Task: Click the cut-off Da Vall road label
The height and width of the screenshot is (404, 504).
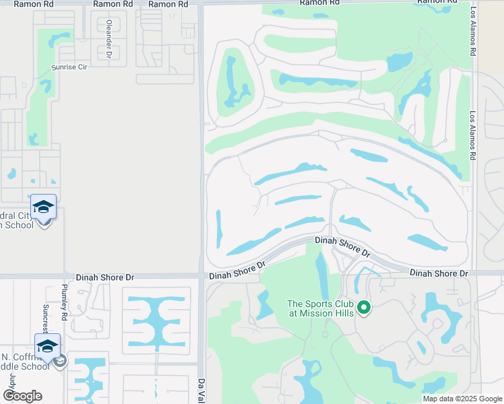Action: click(x=201, y=391)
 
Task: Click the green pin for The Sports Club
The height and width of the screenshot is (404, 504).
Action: click(x=364, y=308)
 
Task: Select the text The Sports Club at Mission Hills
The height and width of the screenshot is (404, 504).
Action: click(x=321, y=308)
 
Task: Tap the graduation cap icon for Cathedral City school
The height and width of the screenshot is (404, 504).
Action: click(x=43, y=208)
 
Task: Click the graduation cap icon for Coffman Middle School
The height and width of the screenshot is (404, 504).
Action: click(x=47, y=347)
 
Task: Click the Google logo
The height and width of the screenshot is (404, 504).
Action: click(x=22, y=396)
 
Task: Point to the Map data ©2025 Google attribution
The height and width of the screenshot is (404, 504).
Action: click(x=462, y=399)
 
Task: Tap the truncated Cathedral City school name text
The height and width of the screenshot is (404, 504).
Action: click(x=17, y=221)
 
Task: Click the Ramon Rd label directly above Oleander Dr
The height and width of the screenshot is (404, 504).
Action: click(x=113, y=4)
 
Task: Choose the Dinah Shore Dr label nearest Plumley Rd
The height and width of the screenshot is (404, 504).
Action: click(x=105, y=277)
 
